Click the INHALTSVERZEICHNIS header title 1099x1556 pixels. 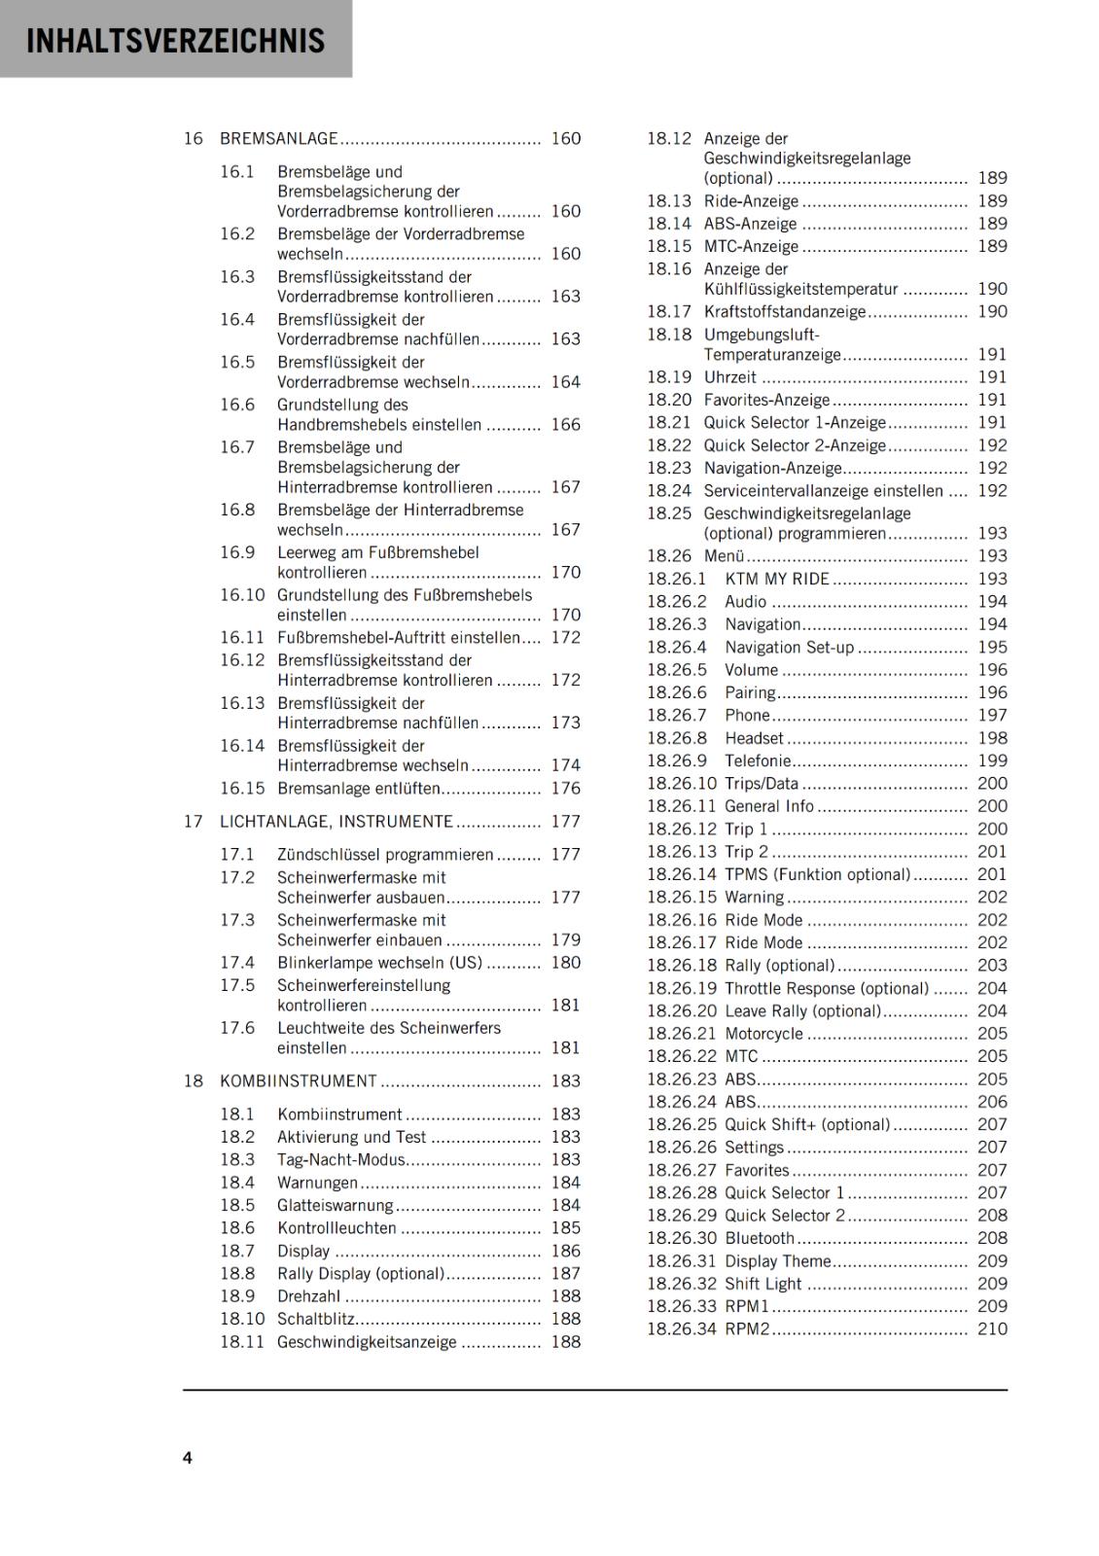click(x=175, y=41)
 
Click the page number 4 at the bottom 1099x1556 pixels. click(x=188, y=1458)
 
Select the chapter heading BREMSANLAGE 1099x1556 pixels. click(x=278, y=139)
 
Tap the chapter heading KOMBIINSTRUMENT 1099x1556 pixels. click(x=298, y=1081)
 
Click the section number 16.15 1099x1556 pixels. click(x=241, y=789)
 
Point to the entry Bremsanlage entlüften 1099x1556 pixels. click(x=358, y=789)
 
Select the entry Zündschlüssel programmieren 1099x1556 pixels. click(x=385, y=855)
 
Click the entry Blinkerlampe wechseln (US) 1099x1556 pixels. click(x=379, y=963)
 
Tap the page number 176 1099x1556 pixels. click(x=565, y=789)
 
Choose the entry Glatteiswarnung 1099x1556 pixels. click(x=335, y=1206)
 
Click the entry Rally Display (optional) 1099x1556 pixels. click(x=360, y=1274)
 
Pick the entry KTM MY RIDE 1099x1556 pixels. click(x=776, y=580)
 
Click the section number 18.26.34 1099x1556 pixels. click(x=681, y=1329)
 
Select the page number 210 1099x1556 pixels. click(x=992, y=1329)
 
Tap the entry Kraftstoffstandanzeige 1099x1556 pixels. click(x=784, y=312)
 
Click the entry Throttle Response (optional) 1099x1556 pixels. click(x=827, y=989)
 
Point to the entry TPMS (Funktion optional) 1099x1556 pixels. click(x=817, y=875)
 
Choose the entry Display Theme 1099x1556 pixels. click(x=777, y=1261)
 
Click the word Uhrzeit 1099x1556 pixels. click(x=729, y=377)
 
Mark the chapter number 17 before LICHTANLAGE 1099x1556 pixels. click(x=193, y=822)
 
